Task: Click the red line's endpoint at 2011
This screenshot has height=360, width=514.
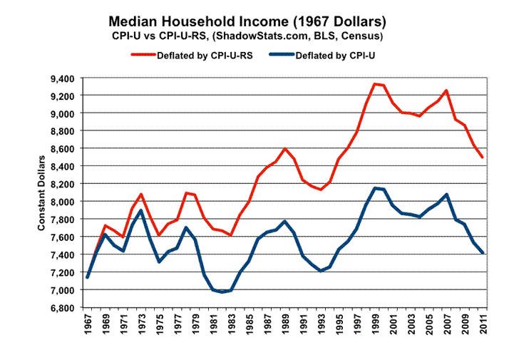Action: pyautogui.click(x=484, y=158)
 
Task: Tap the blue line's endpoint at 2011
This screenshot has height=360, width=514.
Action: pyautogui.click(x=484, y=253)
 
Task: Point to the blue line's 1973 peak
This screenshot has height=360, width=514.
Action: pyautogui.click(x=140, y=211)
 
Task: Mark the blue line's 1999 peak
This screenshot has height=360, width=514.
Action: pyautogui.click(x=375, y=188)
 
